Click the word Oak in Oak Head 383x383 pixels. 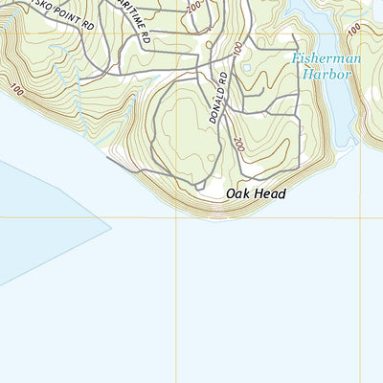[237, 193]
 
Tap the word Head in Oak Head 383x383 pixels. [269, 193]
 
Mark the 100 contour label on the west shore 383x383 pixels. [16, 90]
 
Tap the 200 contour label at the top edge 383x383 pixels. [195, 7]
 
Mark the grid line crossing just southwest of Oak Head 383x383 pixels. [176, 216]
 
